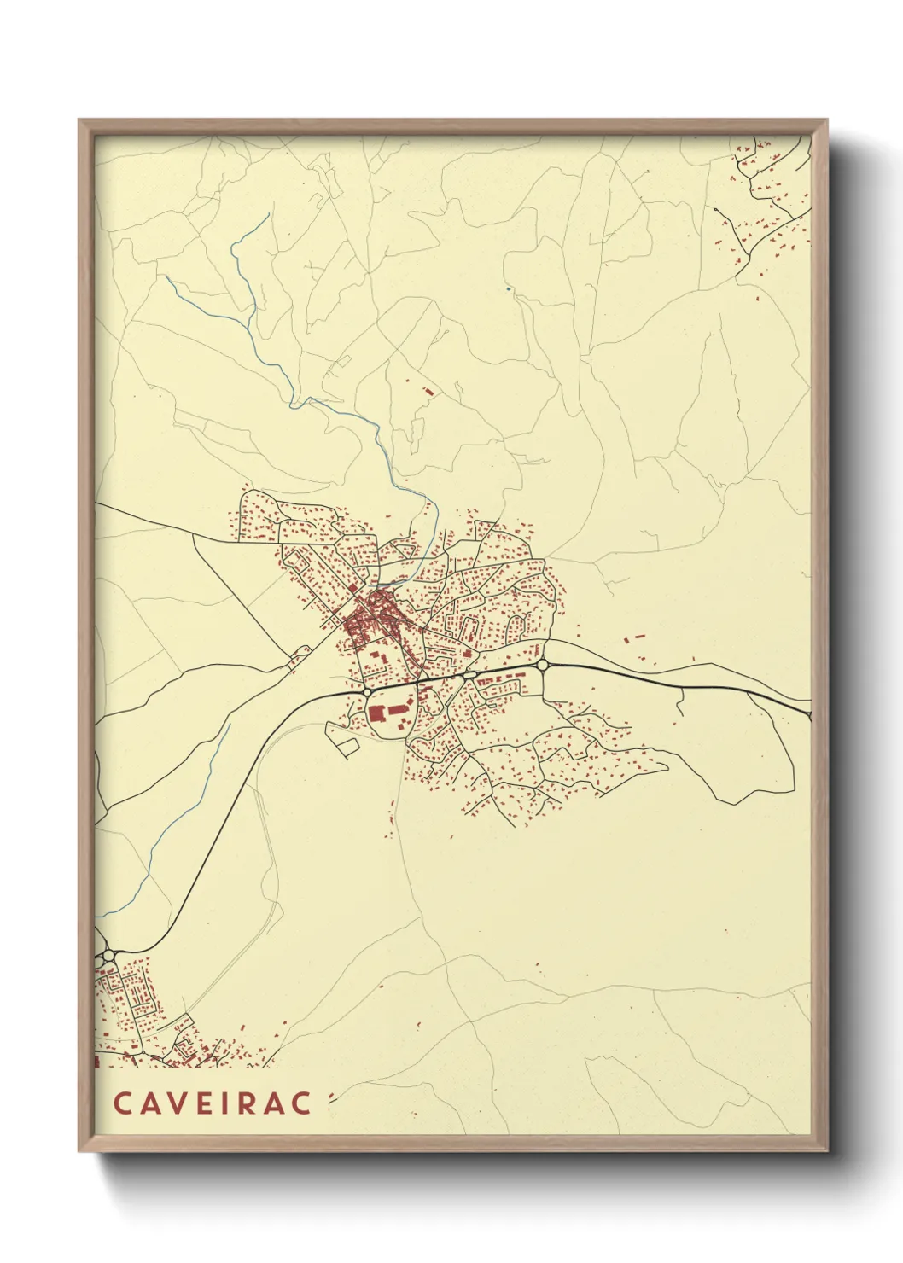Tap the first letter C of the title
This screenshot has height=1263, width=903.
(x=121, y=1103)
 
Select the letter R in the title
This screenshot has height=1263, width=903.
(x=253, y=1103)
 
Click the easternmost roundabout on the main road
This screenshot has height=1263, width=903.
(x=542, y=664)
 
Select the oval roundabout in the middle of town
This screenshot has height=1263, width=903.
(x=469, y=675)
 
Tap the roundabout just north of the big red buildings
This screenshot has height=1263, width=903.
(x=366, y=691)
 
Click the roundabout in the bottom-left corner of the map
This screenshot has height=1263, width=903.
(x=108, y=955)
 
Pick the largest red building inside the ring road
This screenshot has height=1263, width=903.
(x=376, y=713)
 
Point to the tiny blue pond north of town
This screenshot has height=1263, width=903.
(x=509, y=289)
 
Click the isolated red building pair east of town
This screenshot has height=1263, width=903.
(x=633, y=637)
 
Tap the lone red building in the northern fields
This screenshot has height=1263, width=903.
(x=428, y=391)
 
